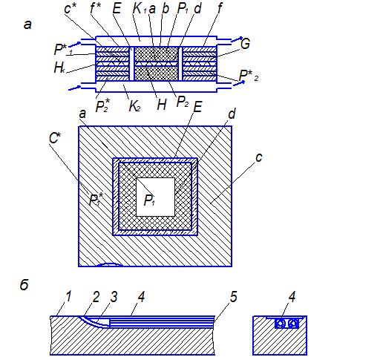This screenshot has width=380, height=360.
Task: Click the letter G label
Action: click(x=245, y=44)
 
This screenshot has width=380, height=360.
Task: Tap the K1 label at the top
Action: click(x=140, y=8)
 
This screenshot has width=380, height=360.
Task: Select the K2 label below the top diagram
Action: click(x=135, y=106)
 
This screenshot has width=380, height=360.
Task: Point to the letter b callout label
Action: click(x=166, y=8)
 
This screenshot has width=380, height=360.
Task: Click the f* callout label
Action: click(x=96, y=8)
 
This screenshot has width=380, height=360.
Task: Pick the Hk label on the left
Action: click(x=59, y=68)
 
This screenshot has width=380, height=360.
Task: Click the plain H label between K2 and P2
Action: click(x=162, y=105)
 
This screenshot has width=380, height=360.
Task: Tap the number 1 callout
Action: click(x=68, y=296)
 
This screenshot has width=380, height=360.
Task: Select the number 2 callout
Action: click(x=96, y=296)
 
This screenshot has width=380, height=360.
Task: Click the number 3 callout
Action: click(x=114, y=296)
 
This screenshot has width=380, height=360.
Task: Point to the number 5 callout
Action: click(x=234, y=296)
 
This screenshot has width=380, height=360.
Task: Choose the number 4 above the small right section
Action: click(x=292, y=296)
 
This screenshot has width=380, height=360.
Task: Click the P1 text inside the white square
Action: click(x=149, y=200)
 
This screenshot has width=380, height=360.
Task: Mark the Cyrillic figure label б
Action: click(x=24, y=284)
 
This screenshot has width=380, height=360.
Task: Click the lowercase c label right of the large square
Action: click(x=259, y=157)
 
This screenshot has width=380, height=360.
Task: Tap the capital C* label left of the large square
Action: click(x=55, y=138)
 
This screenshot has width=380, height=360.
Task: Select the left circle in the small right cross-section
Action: click(x=280, y=323)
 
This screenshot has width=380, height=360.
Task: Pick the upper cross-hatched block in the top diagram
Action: click(x=157, y=54)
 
